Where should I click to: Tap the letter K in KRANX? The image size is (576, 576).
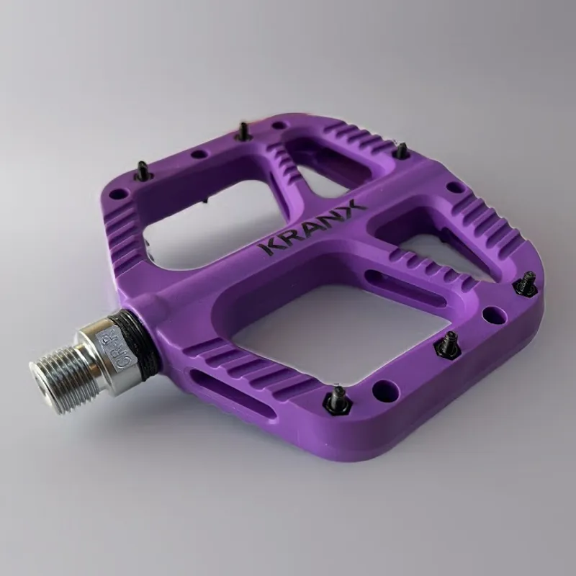(x=268, y=248)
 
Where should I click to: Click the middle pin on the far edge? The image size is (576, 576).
(x=244, y=132)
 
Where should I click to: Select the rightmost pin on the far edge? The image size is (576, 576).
(x=402, y=150)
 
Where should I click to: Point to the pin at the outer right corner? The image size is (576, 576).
(x=526, y=284)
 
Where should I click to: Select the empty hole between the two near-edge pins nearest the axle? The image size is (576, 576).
(x=387, y=387)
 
